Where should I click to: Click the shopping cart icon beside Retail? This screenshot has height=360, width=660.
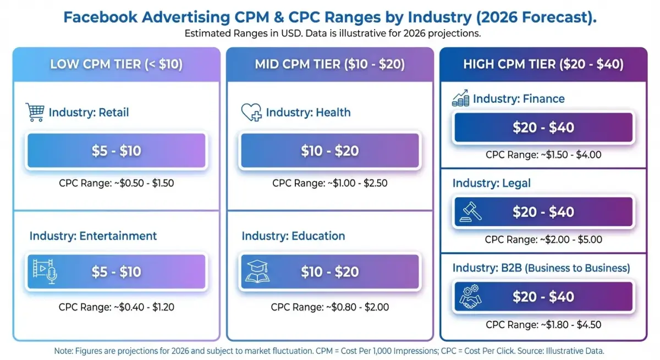coord(35,112)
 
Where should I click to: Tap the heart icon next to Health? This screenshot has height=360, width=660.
coord(251,113)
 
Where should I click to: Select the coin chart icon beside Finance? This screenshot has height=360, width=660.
coord(460,99)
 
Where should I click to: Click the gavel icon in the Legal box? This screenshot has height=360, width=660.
coord(470,212)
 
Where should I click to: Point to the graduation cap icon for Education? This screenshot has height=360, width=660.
coord(257,272)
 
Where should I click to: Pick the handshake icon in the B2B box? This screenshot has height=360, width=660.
coord(470,297)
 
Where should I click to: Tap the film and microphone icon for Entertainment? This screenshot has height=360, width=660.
coord(45,272)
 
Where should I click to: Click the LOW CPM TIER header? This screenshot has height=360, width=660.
coord(116,64)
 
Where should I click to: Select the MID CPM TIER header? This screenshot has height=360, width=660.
coord(329,64)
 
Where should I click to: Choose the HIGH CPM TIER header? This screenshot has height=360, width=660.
coord(543,64)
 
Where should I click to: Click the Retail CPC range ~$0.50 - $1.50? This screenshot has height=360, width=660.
coord(116,183)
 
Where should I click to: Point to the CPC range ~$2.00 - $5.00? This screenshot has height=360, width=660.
coord(543,240)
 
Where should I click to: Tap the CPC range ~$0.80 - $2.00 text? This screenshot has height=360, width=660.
coord(329,307)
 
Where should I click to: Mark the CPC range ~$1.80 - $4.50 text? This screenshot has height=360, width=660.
coord(543,324)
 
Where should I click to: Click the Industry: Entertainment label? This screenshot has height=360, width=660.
coord(93,236)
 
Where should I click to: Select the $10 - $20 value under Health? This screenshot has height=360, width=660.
coord(329,151)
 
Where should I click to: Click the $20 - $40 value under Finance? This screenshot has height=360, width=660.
coord(543,128)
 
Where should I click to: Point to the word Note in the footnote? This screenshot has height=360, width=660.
coord(63,351)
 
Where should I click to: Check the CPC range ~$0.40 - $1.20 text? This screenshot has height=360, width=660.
coord(116,307)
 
